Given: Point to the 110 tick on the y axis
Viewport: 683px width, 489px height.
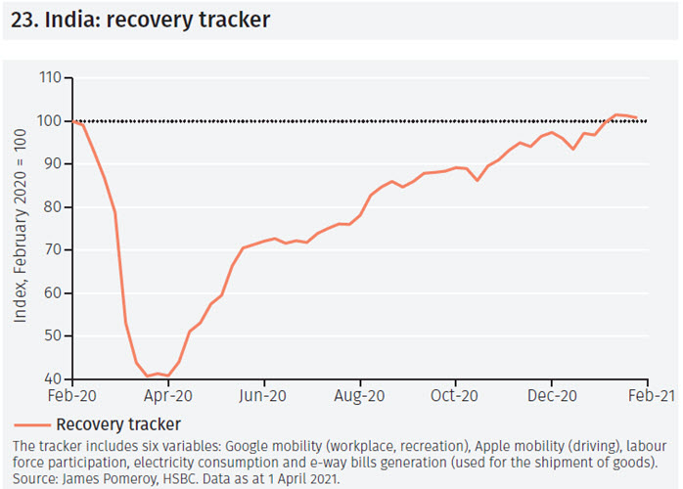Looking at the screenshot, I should pos(49,78).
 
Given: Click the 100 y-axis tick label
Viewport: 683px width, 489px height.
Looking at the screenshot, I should pos(49,121).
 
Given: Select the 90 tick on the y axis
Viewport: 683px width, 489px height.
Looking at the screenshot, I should pos(52,164).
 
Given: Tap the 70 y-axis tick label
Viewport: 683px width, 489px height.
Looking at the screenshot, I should pos(52,250).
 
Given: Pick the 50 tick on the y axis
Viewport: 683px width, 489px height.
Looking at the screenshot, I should pos(52,335).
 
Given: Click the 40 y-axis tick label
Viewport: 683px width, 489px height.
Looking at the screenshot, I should pos(52,378).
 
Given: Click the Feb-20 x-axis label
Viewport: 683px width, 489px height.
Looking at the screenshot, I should pos(72,397).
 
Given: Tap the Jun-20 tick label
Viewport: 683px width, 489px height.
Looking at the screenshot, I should pos(263,397).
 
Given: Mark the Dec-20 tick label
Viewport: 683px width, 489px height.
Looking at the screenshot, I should pos(552,397).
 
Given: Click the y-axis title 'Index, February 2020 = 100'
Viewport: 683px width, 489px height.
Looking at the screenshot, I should pos(21,229).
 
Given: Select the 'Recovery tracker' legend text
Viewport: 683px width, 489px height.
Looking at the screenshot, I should pos(118,423).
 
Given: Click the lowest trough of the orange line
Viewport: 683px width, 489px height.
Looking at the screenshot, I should pos(148,377).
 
